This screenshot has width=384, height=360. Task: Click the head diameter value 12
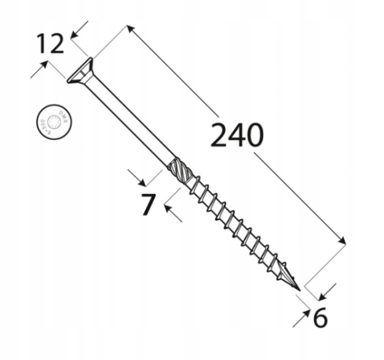49,43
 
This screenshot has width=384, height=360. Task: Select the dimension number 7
146,204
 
